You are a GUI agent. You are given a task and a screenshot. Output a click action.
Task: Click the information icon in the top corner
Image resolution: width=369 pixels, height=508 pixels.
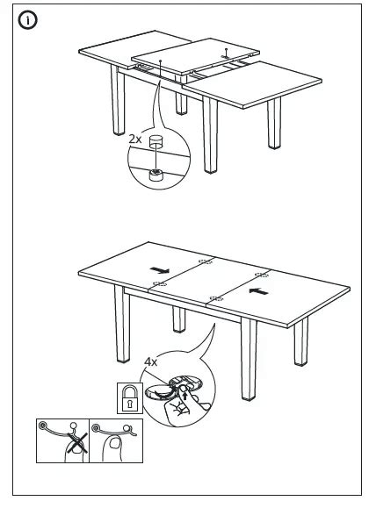[27, 20]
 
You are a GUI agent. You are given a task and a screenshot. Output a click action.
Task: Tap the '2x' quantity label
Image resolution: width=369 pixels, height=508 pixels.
[135, 140]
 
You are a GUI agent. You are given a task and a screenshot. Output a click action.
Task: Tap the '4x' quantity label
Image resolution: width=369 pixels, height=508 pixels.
[150, 361]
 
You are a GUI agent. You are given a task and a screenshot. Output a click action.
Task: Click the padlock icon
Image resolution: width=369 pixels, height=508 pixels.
[130, 398]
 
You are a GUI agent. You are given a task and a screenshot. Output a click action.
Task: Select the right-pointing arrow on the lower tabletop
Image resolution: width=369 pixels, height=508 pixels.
[160, 270]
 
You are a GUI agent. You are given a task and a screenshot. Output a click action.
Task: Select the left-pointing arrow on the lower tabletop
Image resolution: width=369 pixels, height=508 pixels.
[258, 291]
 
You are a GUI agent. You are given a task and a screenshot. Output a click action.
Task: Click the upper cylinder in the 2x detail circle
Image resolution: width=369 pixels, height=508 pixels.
[156, 142]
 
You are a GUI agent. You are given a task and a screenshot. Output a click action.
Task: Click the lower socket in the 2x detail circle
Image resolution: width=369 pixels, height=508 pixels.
[156, 175]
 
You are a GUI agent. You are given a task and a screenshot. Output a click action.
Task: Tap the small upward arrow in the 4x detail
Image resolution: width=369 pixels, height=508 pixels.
[185, 396]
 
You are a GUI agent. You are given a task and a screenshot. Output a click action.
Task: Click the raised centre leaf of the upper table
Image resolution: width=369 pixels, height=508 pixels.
[195, 56]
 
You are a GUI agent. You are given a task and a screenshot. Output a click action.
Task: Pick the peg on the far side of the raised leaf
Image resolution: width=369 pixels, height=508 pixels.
[226, 53]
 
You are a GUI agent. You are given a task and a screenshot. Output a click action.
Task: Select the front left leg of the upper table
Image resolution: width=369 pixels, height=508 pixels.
[118, 100]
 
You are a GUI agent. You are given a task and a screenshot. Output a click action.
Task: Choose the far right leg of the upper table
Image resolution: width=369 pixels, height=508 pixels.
[274, 123]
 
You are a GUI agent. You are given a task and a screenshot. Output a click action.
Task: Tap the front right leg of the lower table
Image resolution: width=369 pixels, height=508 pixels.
[249, 359]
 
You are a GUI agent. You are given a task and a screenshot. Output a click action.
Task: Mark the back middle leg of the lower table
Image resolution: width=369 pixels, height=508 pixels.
[179, 319]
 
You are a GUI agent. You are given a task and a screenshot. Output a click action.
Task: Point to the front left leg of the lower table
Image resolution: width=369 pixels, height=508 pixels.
[122, 324]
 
